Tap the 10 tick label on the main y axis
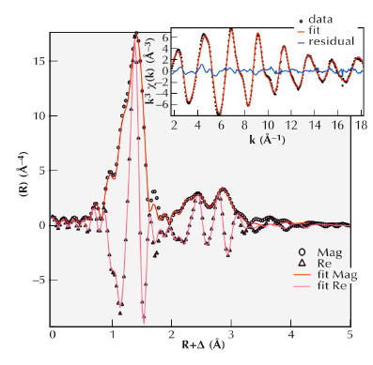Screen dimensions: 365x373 point(38,116)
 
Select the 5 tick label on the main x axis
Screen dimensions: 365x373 point(350,334)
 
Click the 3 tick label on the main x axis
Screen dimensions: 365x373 point(231,334)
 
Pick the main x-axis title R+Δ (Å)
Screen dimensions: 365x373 point(201,349)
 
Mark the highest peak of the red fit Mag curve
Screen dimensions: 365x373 point(137,35)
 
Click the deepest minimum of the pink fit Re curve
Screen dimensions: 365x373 point(144,319)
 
